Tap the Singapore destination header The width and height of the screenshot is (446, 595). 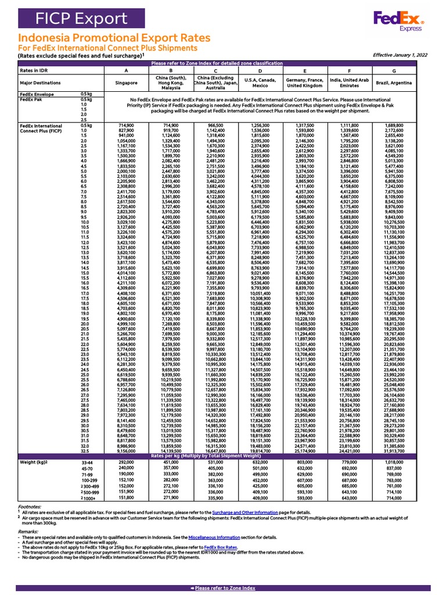[126, 82]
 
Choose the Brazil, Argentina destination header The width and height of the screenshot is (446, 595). [394, 82]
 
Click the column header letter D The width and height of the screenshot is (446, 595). [260, 71]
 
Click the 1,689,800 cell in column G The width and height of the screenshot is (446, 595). [394, 126]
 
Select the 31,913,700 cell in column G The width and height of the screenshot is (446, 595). [394, 435]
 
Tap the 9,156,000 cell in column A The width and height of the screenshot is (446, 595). [126, 435]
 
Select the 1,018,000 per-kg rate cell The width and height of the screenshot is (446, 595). [394, 446]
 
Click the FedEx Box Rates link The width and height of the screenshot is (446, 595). [221, 547]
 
